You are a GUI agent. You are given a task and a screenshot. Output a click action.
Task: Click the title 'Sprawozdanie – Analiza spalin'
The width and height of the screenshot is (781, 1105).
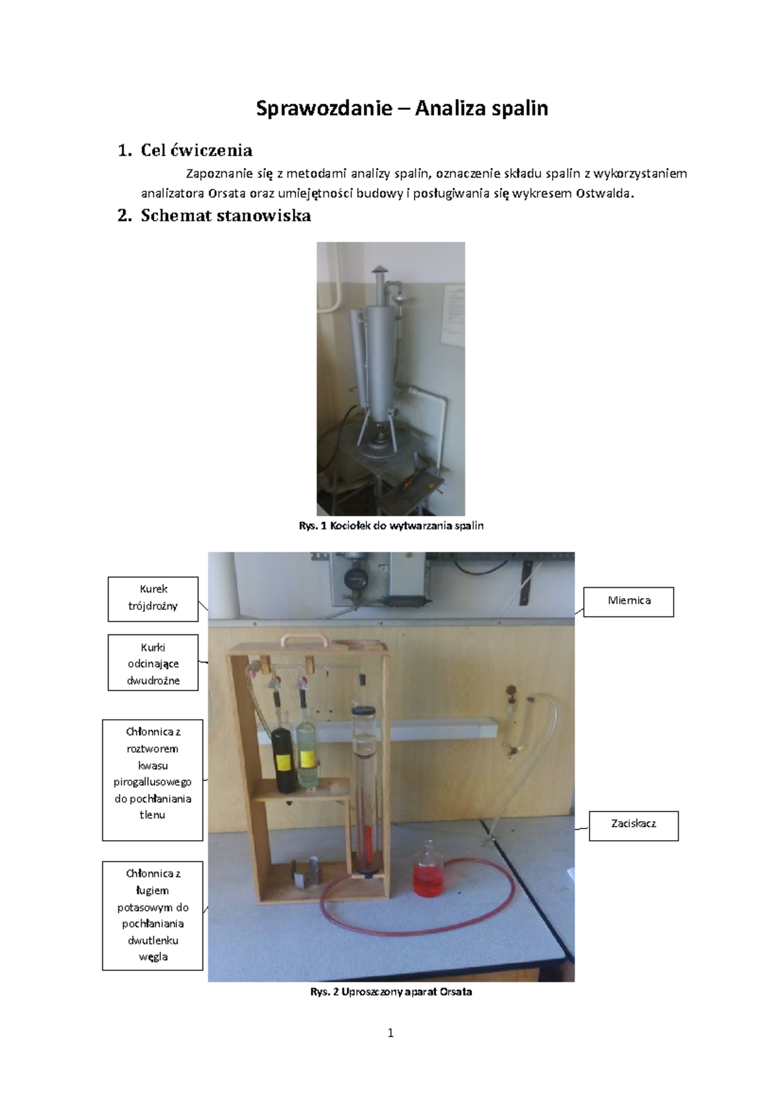click(402, 109)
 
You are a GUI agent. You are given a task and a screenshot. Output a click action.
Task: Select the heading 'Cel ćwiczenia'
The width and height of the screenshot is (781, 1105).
click(197, 150)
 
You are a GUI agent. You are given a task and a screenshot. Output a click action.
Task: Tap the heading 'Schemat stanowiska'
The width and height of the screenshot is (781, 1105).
click(225, 215)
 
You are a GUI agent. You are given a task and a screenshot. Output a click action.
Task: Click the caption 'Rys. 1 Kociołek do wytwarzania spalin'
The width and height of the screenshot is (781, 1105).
click(390, 526)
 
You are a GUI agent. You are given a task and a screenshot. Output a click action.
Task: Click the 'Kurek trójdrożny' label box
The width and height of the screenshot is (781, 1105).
click(153, 599)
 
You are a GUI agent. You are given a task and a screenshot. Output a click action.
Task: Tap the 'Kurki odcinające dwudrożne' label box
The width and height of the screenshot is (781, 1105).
click(153, 662)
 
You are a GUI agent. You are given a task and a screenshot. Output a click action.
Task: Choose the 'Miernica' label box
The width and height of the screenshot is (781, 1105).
click(629, 601)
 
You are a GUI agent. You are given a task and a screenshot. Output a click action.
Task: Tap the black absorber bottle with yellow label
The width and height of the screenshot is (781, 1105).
click(282, 759)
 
